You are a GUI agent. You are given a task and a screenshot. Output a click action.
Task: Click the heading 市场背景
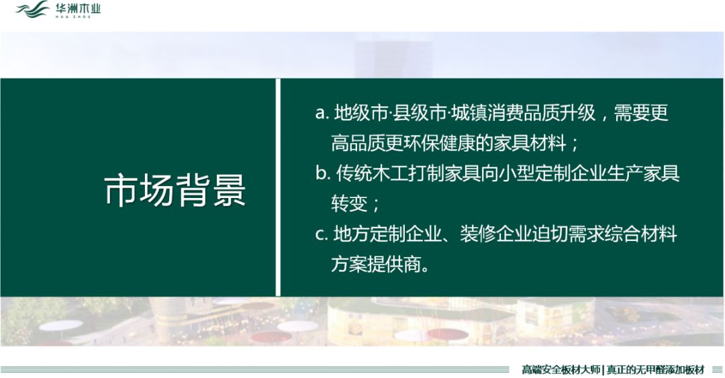(x=175, y=190)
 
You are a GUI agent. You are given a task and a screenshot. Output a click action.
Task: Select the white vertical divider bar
(x=277, y=187)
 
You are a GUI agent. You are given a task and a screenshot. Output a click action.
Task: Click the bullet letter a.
(x=320, y=113)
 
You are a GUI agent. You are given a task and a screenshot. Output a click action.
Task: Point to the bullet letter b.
(x=321, y=173)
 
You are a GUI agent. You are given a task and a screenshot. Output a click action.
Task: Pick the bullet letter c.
(x=320, y=234)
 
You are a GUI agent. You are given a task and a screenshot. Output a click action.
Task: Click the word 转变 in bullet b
(x=347, y=203)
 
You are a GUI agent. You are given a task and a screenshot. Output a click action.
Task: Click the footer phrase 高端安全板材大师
(x=561, y=369)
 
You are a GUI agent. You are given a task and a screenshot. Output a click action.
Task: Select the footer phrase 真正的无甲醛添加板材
(x=655, y=369)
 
